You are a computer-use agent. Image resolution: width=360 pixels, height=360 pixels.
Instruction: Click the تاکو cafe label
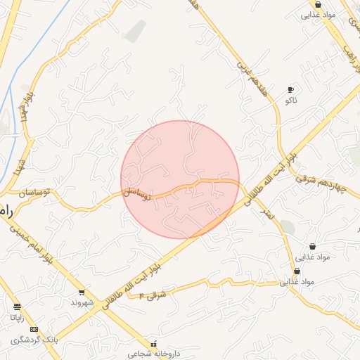pos(290,101)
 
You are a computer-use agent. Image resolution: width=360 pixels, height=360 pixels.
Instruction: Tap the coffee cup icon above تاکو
pos(290,89)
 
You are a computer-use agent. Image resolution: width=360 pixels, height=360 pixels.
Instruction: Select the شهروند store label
pos(82,302)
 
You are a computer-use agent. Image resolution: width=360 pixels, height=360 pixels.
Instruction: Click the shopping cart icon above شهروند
pos(82,292)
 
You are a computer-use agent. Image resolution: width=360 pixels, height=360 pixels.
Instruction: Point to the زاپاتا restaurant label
pos(17,318)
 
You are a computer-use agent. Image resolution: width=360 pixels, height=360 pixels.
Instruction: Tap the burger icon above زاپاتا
pos(17,307)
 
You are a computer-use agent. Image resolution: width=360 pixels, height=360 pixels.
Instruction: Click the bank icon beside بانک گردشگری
pos(34,330)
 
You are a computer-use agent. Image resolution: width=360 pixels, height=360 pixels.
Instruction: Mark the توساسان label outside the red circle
pos(27,191)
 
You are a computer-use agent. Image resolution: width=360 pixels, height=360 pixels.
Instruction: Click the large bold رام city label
pos(6,212)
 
